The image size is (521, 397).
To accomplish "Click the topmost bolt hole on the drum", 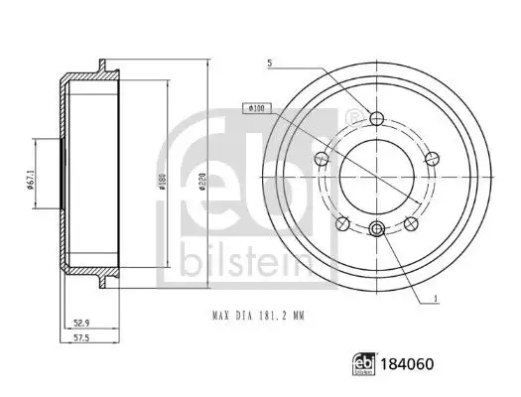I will tap(376, 120).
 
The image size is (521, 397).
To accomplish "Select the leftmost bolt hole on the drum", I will tap(320, 159).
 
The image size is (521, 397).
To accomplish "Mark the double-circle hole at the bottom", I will tap(376, 229).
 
